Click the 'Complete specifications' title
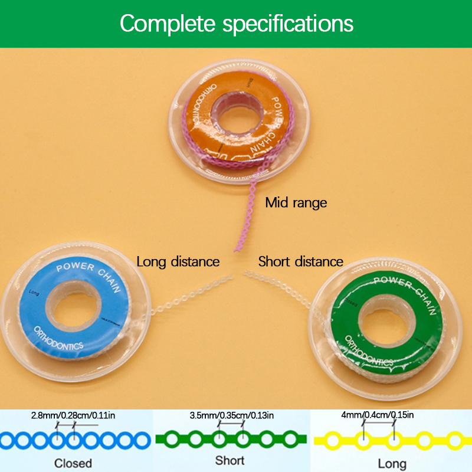pyautogui.click(x=237, y=24)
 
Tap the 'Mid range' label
pyautogui.click(x=296, y=203)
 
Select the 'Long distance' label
pyautogui.click(x=178, y=261)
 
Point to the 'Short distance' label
pyautogui.click(x=300, y=261)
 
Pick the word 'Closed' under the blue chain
pyautogui.click(x=73, y=462)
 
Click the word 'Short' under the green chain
pyautogui.click(x=230, y=461)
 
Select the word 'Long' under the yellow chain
pyautogui.click(x=392, y=463)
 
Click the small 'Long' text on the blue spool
pyautogui.click(x=33, y=291)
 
